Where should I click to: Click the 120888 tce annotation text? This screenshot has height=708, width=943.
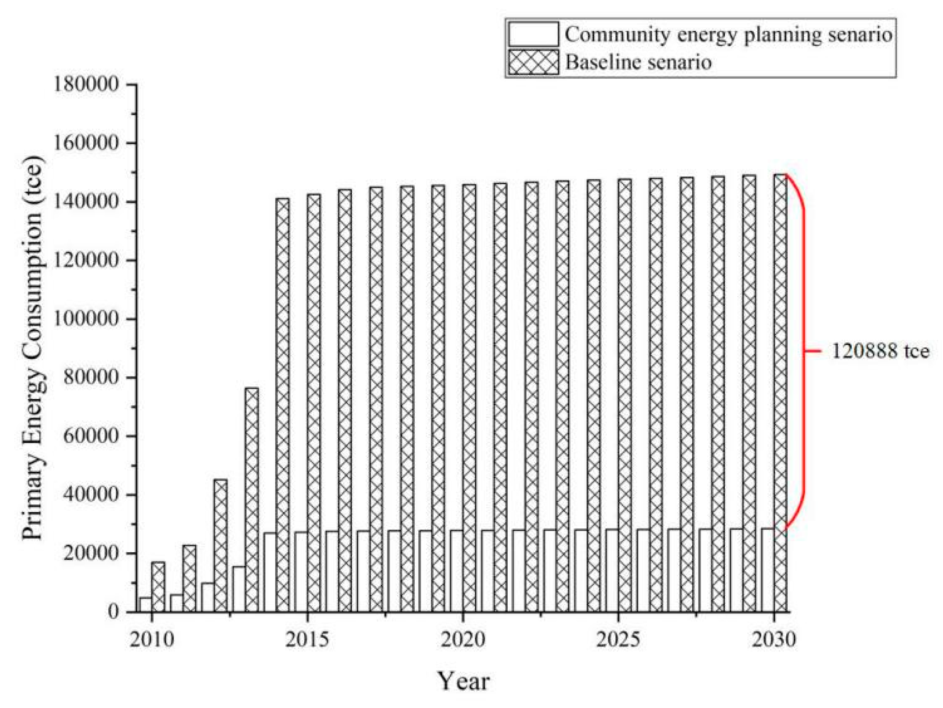(880, 351)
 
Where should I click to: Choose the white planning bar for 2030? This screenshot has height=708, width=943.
(767, 570)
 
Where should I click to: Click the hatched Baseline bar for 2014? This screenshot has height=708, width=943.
(282, 404)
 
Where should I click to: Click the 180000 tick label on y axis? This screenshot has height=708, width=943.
(86, 85)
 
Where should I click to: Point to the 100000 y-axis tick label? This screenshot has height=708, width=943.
(86, 318)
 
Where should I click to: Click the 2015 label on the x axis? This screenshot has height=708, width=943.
(307, 639)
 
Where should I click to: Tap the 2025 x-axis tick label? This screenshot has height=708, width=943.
(618, 639)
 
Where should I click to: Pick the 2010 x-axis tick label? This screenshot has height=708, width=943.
(152, 639)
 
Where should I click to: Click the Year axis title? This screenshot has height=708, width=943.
(463, 680)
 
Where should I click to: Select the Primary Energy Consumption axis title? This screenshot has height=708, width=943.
(33, 348)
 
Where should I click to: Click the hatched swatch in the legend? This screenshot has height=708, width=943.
(533, 62)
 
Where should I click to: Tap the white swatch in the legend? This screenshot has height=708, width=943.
(533, 34)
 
